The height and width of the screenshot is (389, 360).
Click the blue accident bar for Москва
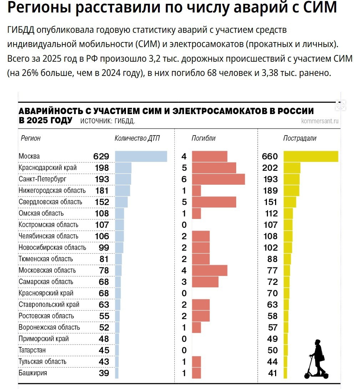pos(141,156)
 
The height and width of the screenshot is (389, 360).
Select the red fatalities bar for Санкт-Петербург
pos(218,179)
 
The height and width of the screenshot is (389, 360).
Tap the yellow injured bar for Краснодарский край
pos(292,168)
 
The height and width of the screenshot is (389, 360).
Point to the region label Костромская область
pos(48,225)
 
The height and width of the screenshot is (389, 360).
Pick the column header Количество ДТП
pos(137,138)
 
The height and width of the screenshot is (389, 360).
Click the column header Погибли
pos(203,138)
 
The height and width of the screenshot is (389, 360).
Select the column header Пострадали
pos(300,138)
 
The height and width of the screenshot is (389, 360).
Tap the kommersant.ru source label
pos(320,121)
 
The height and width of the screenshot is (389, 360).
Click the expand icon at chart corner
pos(341,106)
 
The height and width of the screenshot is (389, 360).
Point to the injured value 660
pos(270,156)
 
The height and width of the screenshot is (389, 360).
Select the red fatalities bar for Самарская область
pos(205,282)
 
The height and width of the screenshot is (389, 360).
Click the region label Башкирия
pos(33,373)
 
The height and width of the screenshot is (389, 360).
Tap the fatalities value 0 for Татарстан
pos(184,350)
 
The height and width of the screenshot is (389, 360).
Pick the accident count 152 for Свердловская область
pos(102,202)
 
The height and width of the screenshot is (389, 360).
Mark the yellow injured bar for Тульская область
pos(285,362)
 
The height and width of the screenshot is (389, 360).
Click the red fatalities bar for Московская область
pos(209,270)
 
